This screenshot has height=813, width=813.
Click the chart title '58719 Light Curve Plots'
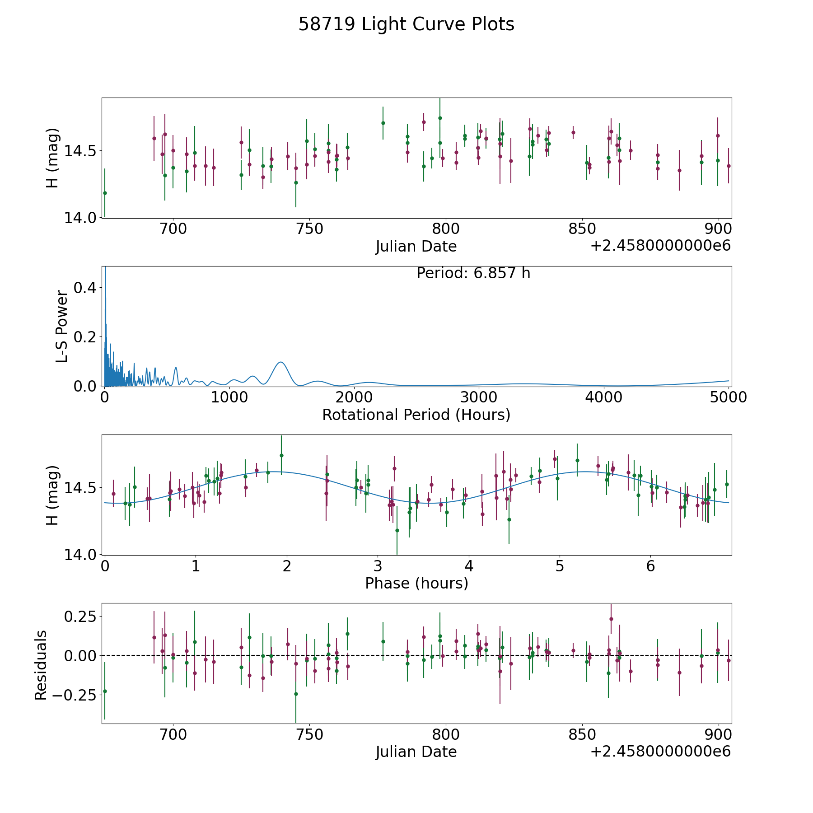click(x=406, y=24)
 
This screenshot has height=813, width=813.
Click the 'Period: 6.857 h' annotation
click(x=473, y=273)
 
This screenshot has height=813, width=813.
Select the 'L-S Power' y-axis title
click(x=62, y=326)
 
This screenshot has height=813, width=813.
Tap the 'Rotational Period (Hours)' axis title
click(x=416, y=415)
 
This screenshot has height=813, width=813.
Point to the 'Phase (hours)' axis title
click(x=416, y=583)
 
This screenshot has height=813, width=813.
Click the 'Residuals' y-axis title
click(x=41, y=665)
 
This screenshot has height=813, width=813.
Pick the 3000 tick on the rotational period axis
click(x=479, y=397)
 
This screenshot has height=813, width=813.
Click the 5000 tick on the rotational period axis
click(x=728, y=397)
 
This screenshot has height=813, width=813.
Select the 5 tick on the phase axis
click(x=559, y=565)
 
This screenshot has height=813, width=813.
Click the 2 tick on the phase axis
click(x=286, y=565)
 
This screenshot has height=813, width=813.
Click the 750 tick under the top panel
click(x=309, y=229)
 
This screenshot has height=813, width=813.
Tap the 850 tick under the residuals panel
click(x=582, y=734)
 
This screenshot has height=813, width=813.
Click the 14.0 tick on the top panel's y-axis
click(x=79, y=218)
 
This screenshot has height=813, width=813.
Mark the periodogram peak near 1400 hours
click(x=280, y=362)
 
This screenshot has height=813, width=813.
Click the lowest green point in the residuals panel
click(x=296, y=694)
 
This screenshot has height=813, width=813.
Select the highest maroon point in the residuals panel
click(x=611, y=619)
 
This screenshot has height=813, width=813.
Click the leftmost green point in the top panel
click(x=105, y=193)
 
